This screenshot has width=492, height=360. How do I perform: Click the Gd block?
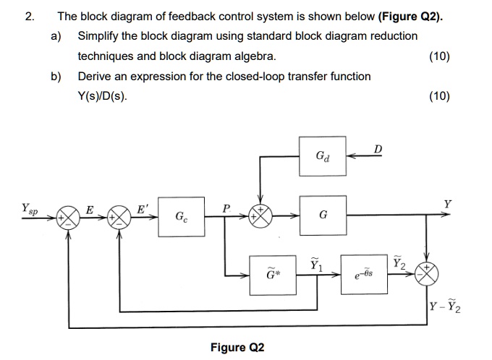click(322, 155)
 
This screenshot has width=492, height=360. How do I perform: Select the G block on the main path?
click(322, 215)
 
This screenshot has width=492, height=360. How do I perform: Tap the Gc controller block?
click(179, 215)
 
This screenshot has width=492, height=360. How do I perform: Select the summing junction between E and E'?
click(116, 215)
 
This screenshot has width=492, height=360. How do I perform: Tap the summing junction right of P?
click(260, 215)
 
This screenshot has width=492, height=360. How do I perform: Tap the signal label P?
click(226, 207)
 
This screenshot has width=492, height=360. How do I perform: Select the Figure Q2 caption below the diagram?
click(237, 348)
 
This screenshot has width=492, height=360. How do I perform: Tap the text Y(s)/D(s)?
click(103, 96)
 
